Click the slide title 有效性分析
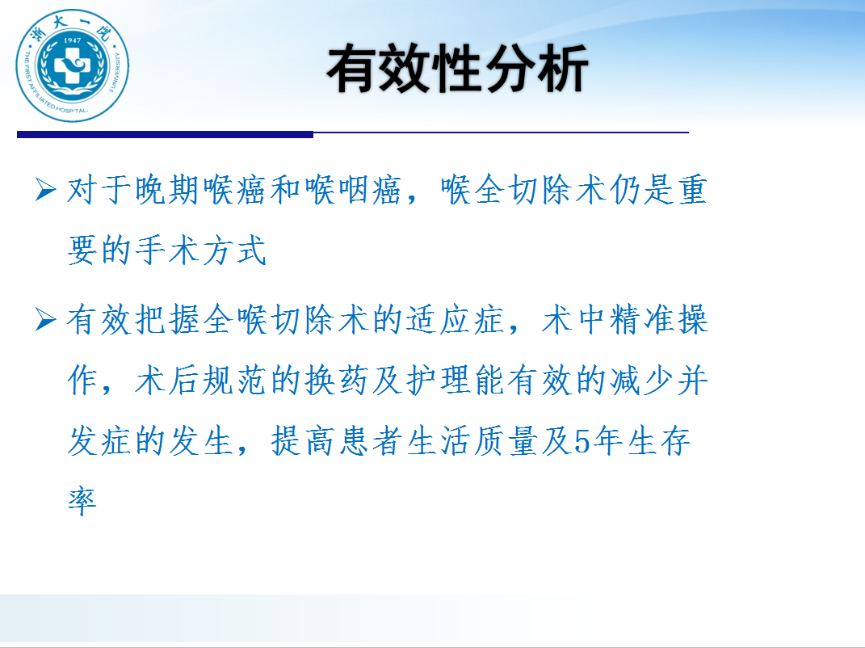(457, 69)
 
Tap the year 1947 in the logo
(72, 40)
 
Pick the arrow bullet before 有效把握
(45, 319)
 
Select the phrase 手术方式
(201, 250)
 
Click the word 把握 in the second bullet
(168, 319)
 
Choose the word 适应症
(456, 319)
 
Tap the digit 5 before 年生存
(582, 442)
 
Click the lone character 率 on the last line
(82, 501)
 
